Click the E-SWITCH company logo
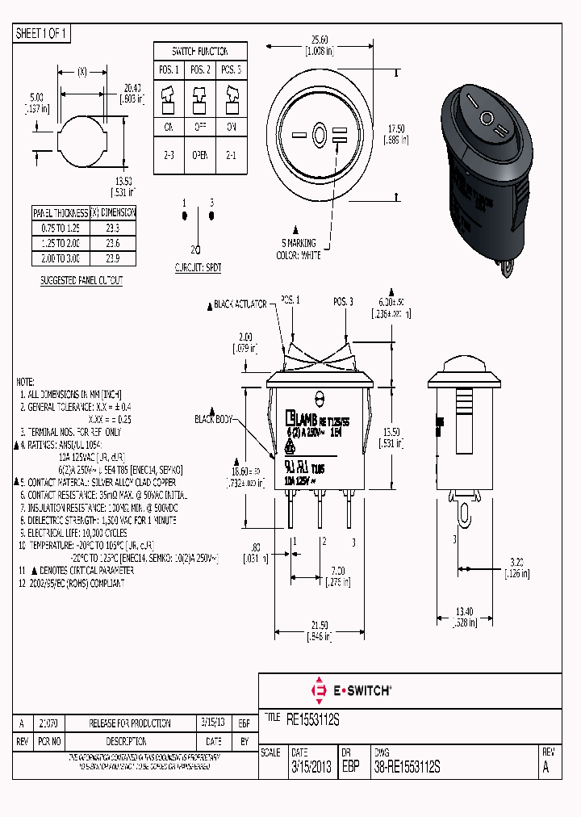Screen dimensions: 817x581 point(351,690)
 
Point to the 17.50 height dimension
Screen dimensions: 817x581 point(396,128)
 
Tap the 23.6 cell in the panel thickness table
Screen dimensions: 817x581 point(113,243)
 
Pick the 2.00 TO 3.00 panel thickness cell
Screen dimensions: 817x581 point(61,258)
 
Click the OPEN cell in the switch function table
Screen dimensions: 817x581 point(199,156)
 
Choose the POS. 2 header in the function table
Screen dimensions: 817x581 point(199,69)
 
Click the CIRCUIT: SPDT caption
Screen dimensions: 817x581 point(198,266)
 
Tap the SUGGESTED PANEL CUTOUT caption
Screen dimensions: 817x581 point(82,280)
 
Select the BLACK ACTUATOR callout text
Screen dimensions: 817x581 point(240,304)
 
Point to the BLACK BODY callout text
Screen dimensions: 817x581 point(214,419)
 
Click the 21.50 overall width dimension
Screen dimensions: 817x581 point(320,625)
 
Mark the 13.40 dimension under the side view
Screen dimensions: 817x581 point(463,612)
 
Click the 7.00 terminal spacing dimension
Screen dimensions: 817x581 point(336,570)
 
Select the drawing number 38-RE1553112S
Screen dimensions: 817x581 point(408,768)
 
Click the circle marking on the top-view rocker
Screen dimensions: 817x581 point(319,134)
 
